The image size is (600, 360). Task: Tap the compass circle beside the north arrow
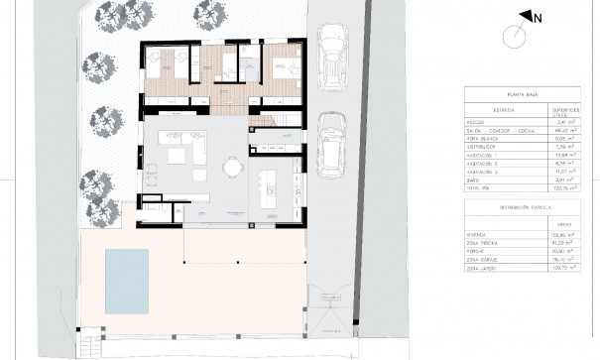pyautogui.click(x=514, y=36)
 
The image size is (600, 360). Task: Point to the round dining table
pyautogui.click(x=233, y=168)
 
